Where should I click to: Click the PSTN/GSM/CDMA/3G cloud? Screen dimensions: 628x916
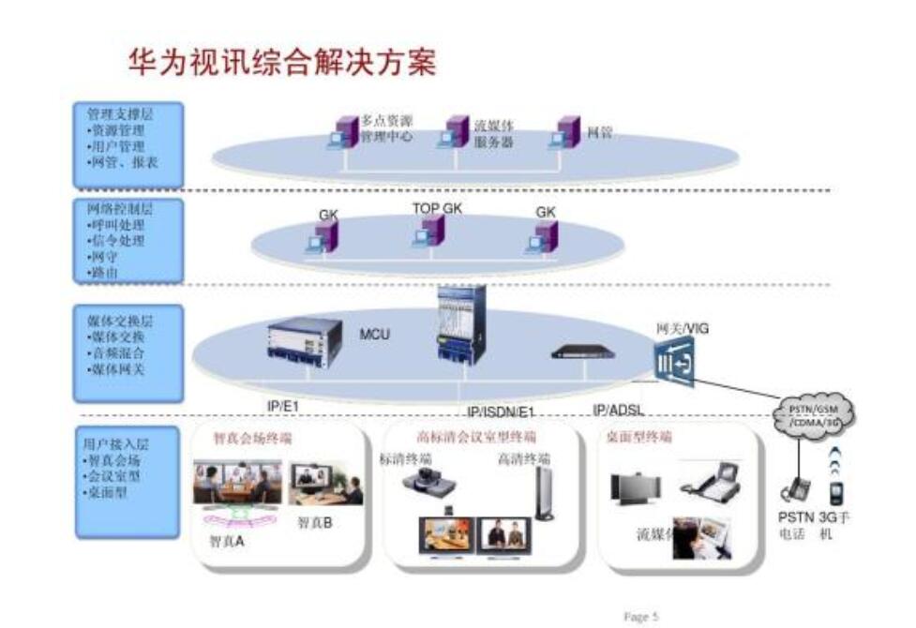point(814,412)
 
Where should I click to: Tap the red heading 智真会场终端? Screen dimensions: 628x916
point(252,438)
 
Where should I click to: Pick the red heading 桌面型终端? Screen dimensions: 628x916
point(639,437)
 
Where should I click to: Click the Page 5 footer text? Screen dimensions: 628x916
point(641,616)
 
